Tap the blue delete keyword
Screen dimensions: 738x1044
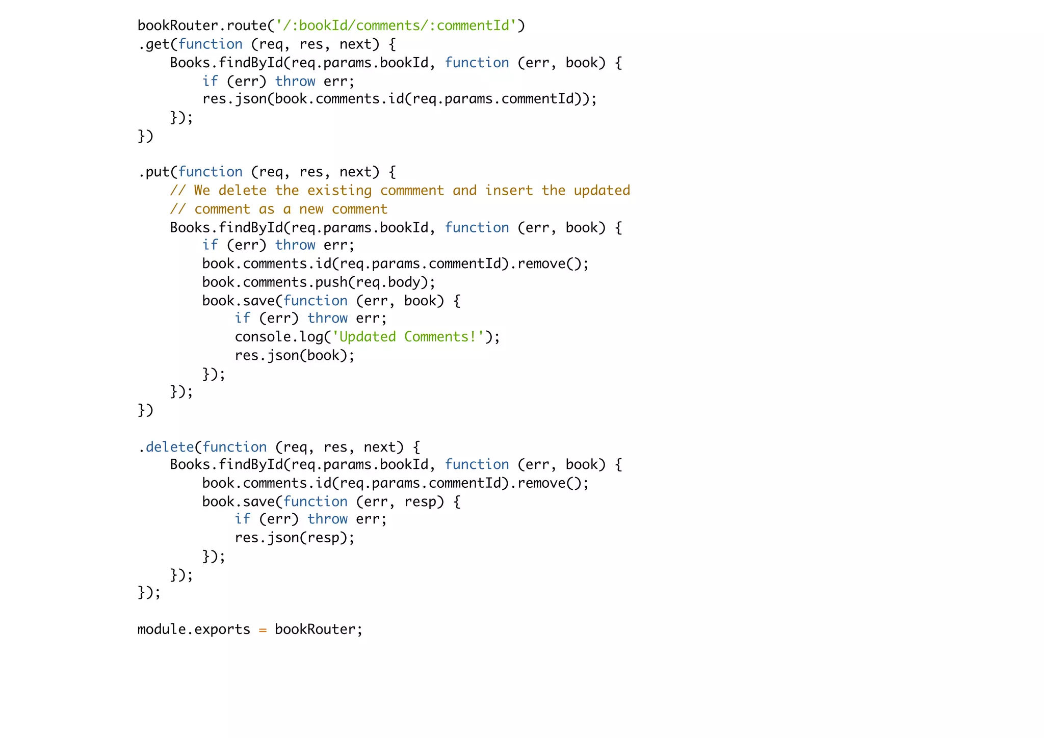(170, 447)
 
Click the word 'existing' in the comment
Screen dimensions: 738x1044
(340, 191)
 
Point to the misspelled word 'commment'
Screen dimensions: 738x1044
(412, 191)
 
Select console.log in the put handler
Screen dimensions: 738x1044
(279, 337)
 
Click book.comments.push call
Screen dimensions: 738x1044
(275, 282)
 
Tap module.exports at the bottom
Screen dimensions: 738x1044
(194, 629)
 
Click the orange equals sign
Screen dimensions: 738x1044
(263, 630)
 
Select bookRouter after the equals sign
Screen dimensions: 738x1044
(315, 629)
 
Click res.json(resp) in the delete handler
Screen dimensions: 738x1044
(294, 538)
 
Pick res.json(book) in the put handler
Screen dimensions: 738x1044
(294, 355)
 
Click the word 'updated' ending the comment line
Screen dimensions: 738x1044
(602, 191)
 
